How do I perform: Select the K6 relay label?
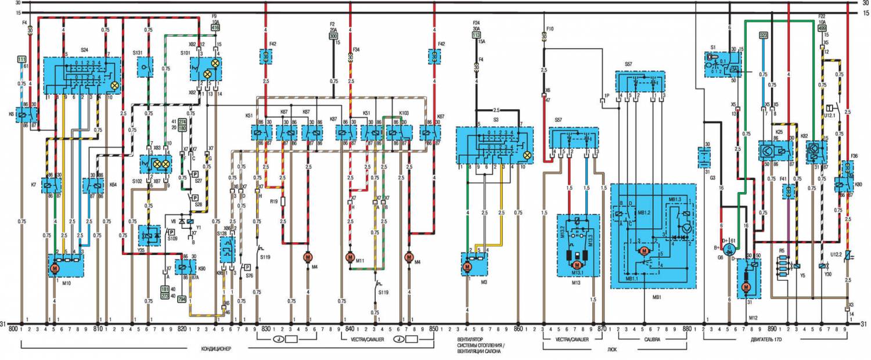12,114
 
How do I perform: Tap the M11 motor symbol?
350,257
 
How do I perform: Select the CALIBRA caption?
650,339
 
